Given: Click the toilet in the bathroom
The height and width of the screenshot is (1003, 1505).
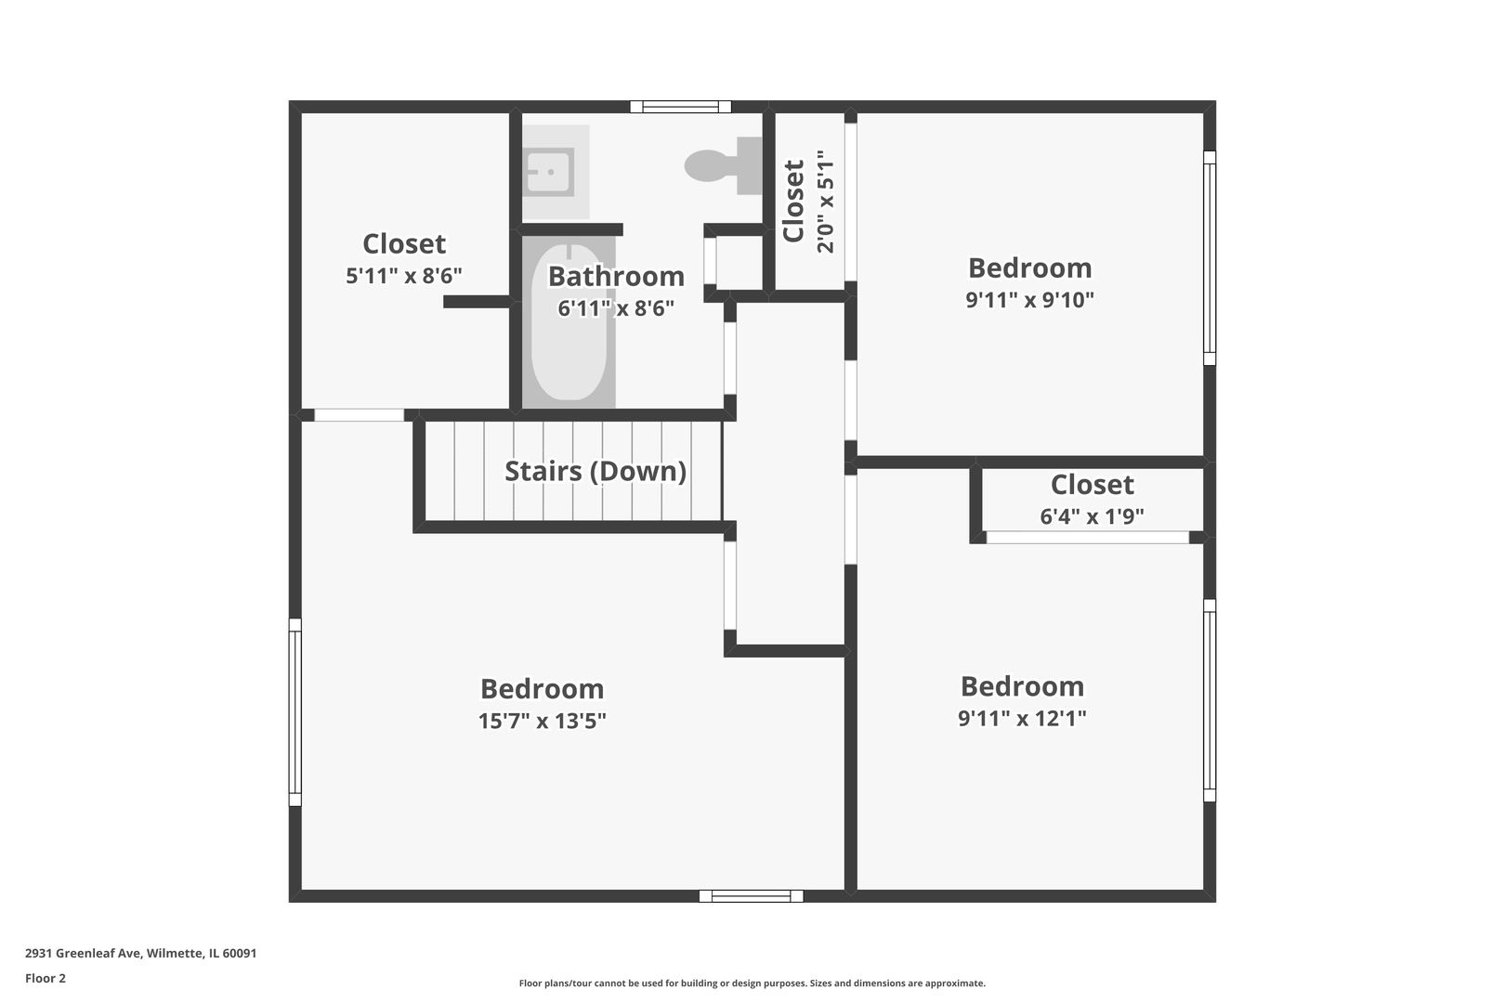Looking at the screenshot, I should click(717, 165).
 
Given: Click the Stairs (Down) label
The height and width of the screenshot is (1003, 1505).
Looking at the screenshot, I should click(595, 471).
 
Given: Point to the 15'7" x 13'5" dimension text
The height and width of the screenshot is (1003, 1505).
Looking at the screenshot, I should click(543, 721).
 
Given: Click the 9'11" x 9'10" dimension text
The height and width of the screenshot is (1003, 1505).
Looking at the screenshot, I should click(1030, 300).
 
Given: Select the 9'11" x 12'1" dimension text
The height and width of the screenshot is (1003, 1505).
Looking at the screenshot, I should click(1022, 718).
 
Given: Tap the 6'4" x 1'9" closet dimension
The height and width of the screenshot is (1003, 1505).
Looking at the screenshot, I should click(1092, 516).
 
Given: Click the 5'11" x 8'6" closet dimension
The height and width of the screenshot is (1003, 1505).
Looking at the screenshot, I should click(404, 276).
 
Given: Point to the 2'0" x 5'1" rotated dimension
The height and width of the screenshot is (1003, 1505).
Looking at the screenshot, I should click(825, 207).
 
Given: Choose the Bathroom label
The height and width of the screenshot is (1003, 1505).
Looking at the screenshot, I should click(616, 276).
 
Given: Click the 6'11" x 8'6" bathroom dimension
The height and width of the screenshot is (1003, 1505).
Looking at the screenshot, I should click(616, 308).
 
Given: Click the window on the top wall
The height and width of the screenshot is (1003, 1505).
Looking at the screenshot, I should click(680, 107).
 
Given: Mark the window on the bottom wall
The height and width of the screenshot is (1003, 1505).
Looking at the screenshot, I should click(751, 896).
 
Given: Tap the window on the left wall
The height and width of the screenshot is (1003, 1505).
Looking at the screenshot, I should click(295, 712).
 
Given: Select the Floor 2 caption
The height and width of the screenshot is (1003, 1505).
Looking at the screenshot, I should click(46, 978).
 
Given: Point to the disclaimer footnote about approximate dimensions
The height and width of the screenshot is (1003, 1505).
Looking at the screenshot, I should click(752, 983).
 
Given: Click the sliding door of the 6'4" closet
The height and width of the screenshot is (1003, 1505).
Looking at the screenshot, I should click(1087, 538).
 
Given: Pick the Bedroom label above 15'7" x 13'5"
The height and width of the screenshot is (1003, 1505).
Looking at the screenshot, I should click(543, 689).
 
